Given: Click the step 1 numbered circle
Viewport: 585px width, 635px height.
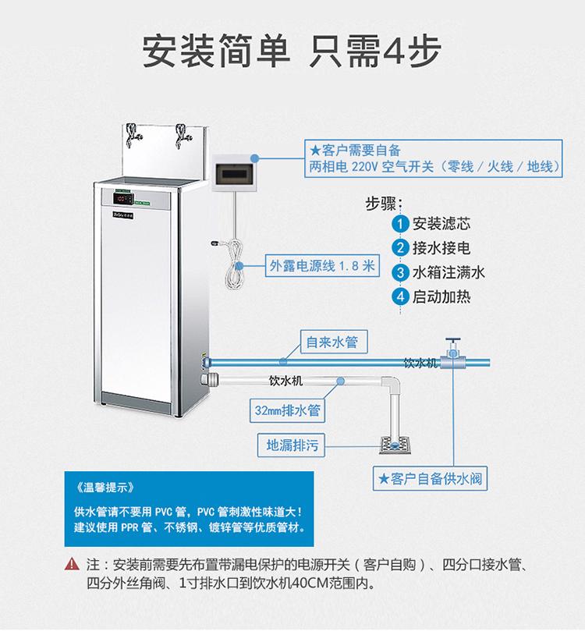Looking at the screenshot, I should pyautogui.click(x=401, y=224).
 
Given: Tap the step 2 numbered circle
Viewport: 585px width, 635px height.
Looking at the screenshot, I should pyautogui.click(x=401, y=248).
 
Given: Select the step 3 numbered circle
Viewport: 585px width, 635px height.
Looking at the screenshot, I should pyautogui.click(x=401, y=272).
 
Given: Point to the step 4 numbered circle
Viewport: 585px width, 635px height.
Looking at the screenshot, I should pyautogui.click(x=401, y=296).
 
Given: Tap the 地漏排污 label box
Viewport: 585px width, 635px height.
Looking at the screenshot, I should pyautogui.click(x=291, y=445).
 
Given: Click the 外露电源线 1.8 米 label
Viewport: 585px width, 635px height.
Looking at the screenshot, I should pyautogui.click(x=321, y=265).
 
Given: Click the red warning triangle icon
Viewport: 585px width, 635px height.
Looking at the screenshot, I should pyautogui.click(x=73, y=564).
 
